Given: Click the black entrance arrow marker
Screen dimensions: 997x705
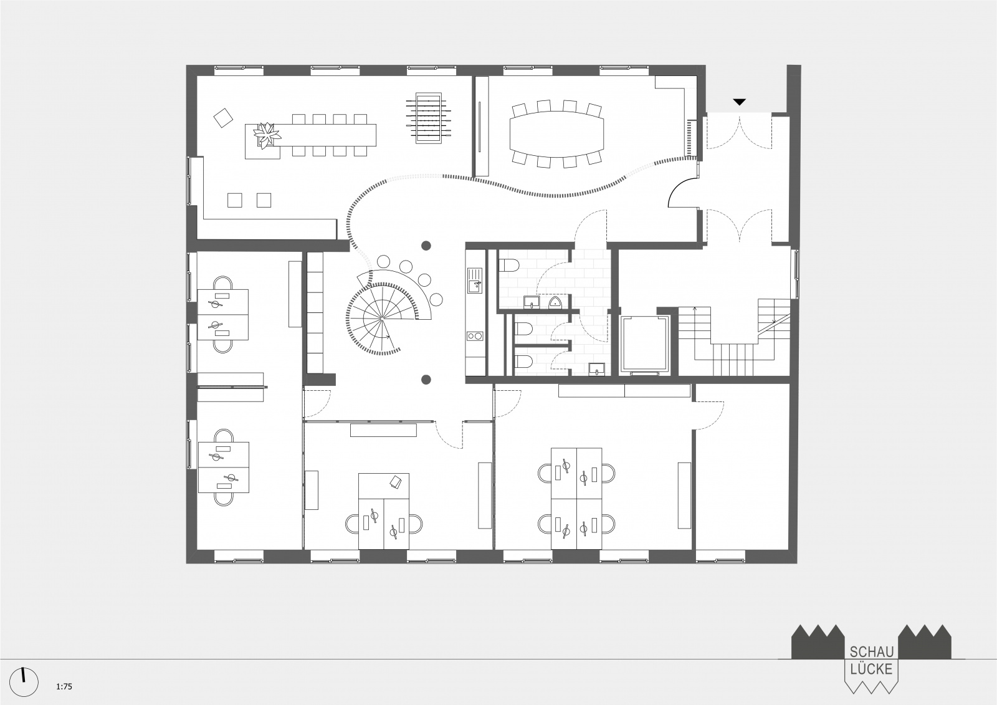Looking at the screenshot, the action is (739, 102).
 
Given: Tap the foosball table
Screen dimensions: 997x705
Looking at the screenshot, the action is (429, 118).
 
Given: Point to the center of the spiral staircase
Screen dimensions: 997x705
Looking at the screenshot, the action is (382, 319).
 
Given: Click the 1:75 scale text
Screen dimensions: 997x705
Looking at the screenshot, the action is (64, 686).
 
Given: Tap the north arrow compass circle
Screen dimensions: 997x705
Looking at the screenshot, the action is (24, 682).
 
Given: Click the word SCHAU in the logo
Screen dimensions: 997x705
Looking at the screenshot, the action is (872, 652).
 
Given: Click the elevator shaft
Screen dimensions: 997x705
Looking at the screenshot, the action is (645, 344).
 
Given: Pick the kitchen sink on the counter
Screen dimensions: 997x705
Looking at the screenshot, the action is (475, 281).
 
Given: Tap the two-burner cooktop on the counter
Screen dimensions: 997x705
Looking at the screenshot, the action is (475, 336).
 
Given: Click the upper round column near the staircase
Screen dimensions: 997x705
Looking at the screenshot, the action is (426, 246).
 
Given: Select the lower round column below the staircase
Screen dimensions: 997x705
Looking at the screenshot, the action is (426, 380).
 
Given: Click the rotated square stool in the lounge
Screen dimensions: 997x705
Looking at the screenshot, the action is (224, 118).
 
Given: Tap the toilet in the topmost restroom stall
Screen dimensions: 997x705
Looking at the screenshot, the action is (508, 266).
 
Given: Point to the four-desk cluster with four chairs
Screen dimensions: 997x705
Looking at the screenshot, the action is (576, 498).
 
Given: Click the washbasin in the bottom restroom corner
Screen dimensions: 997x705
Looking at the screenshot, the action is (596, 369).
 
